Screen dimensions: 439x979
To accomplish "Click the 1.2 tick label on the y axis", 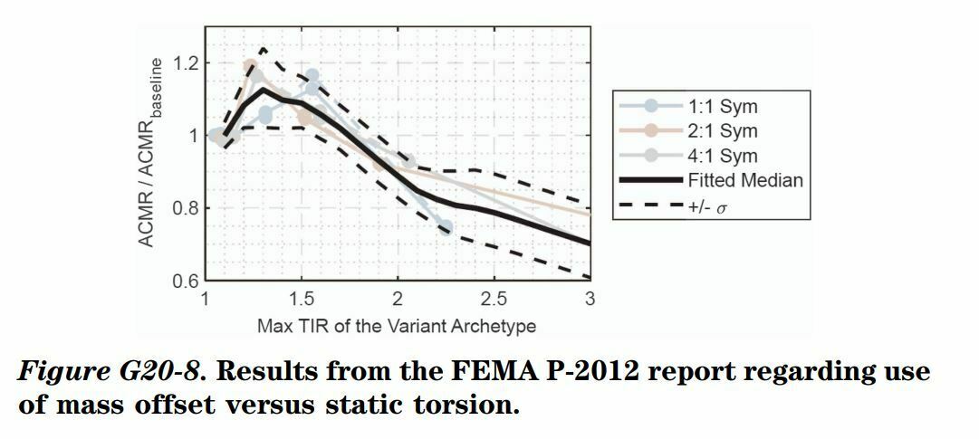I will pos(185,64).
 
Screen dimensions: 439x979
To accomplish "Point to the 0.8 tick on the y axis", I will pos(185,208).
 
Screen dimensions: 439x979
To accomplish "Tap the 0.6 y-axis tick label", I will pos(185,280).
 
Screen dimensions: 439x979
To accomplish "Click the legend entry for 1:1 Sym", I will pos(723,107).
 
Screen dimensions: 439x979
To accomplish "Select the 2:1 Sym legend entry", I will pos(723,131).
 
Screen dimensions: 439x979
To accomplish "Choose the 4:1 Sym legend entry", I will pos(723,156).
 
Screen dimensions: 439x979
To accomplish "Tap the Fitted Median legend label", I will pos(745,180).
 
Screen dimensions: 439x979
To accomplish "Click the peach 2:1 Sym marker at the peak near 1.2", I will pos(251,66).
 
